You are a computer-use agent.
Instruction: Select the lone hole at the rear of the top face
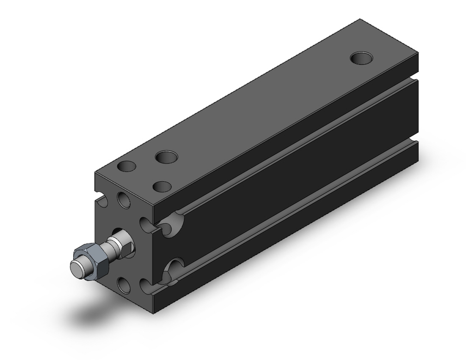point(362,58)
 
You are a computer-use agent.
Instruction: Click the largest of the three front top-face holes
point(166,157)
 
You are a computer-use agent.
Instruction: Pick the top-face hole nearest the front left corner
point(127,166)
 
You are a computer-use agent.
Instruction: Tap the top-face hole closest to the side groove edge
point(162,187)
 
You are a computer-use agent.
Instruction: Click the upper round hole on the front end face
point(124,200)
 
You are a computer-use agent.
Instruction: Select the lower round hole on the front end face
point(124,284)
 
